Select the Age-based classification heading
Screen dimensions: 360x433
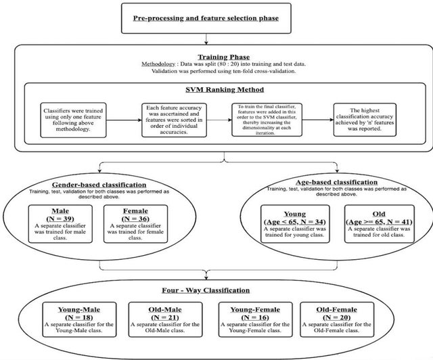pos(332,183)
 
